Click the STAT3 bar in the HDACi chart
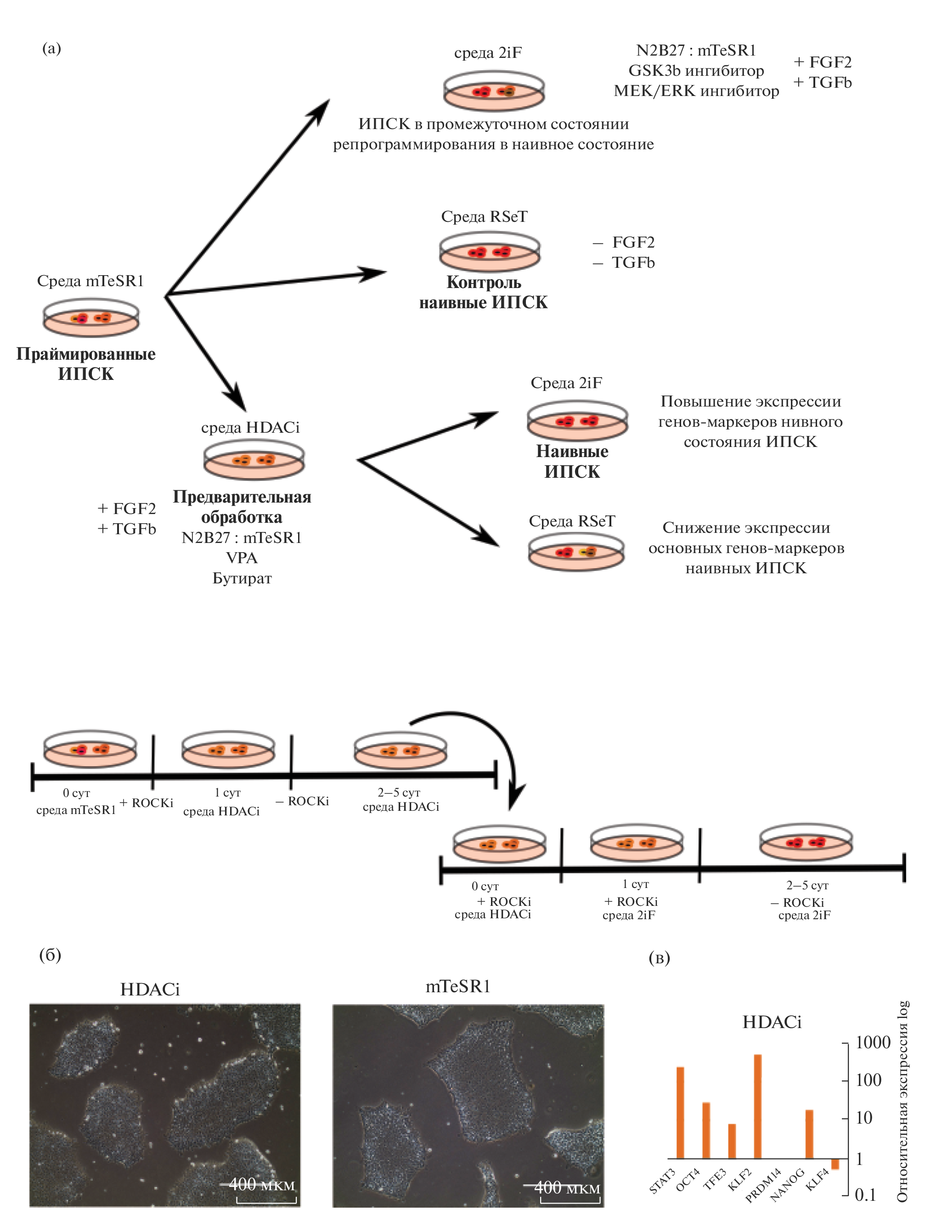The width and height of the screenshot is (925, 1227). point(680,1112)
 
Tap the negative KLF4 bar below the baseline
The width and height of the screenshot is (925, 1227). point(835,1164)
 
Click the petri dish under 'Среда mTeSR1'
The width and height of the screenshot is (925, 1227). point(91,317)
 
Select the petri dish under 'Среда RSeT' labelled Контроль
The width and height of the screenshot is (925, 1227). point(489,251)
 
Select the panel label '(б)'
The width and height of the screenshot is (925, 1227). point(50,955)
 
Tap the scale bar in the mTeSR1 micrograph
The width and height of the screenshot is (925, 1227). point(570,1201)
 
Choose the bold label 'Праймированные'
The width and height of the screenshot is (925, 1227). point(85,353)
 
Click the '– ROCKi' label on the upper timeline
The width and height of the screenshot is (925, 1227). point(302,801)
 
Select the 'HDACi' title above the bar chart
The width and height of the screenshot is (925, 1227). point(772,1022)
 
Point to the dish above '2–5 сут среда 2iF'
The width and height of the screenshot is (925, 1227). point(805,843)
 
